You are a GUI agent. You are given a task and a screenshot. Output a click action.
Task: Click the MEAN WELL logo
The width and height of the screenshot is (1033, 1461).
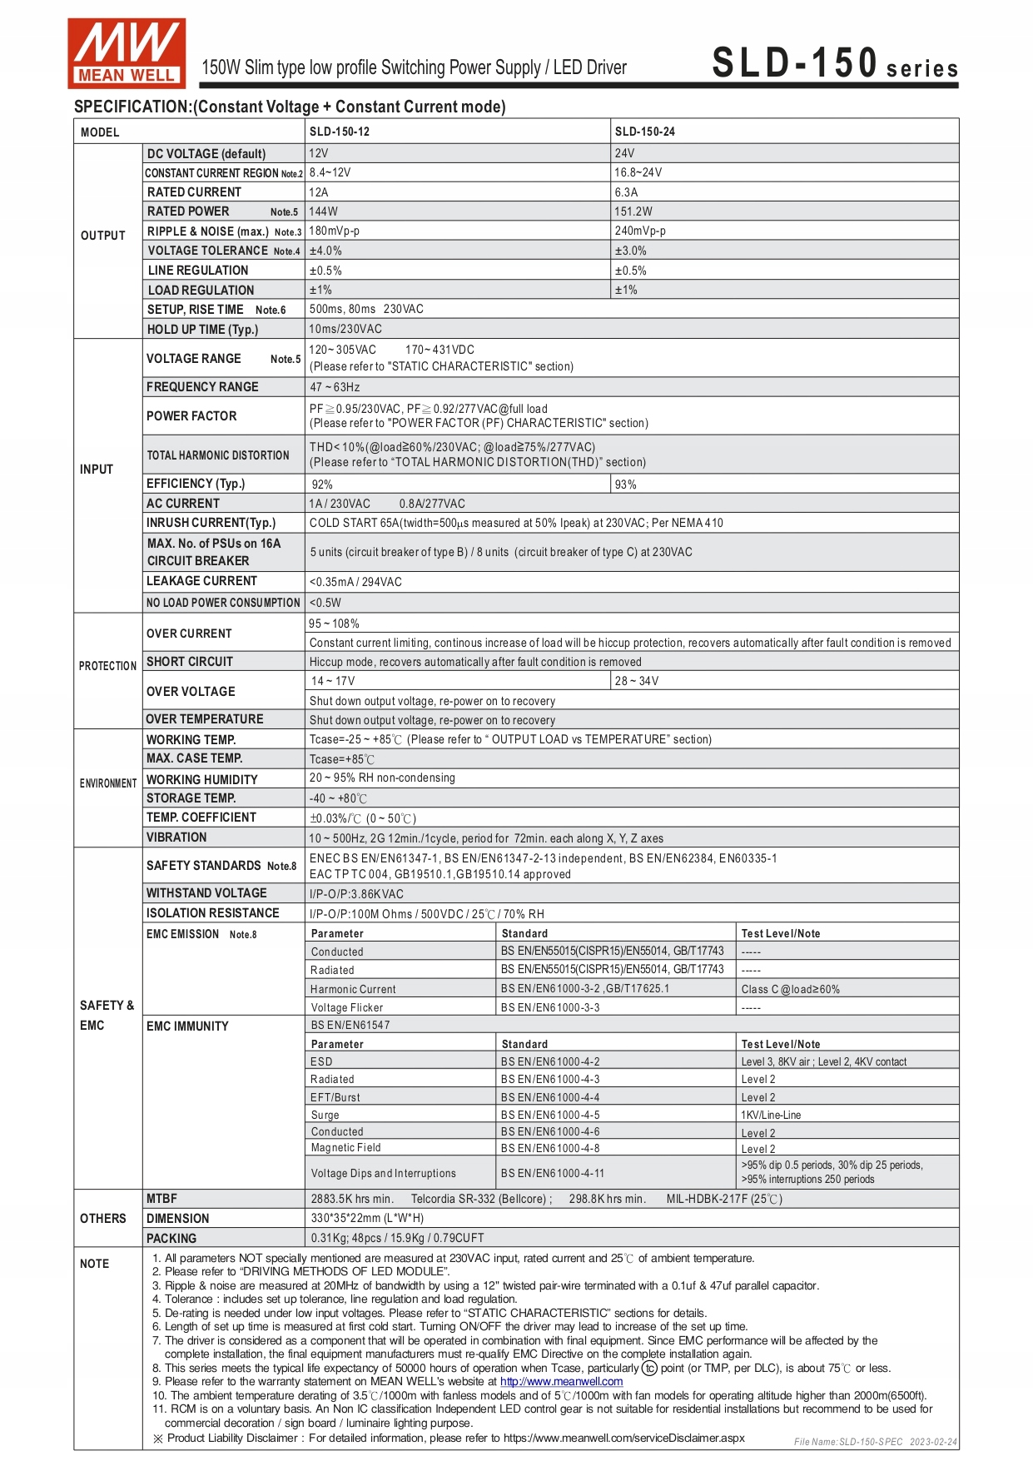[127, 53]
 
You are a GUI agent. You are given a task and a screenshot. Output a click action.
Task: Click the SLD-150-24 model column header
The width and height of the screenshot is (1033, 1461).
[645, 132]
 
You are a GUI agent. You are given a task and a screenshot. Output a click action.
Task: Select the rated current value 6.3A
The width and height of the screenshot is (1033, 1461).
[626, 192]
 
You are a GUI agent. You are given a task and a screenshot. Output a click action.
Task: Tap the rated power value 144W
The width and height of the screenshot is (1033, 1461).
[324, 211]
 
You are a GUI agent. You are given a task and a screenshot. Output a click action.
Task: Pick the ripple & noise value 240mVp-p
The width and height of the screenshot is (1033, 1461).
[640, 231]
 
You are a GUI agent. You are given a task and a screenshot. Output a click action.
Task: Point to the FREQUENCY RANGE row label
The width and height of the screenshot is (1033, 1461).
[202, 387]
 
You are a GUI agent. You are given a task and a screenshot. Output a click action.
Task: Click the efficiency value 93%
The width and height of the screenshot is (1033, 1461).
[626, 485]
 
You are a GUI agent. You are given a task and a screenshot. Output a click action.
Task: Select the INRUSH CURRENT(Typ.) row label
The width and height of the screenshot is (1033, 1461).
[211, 523]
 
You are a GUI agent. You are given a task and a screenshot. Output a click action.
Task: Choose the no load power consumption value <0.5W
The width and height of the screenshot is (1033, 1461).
[325, 603]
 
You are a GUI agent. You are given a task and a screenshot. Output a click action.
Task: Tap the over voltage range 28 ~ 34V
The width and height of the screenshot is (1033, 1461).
[637, 681]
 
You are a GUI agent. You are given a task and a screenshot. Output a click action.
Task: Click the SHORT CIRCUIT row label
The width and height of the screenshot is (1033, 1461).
[190, 662]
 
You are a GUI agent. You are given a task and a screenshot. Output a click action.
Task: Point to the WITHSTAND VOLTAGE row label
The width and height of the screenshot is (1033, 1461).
[206, 893]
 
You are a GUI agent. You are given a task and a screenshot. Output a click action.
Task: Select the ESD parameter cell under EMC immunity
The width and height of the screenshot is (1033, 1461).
[321, 1062]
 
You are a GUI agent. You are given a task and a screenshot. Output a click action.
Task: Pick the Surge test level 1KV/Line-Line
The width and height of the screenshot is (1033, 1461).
[772, 1116]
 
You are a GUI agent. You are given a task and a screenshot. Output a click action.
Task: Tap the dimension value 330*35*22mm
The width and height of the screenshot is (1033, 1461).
[367, 1219]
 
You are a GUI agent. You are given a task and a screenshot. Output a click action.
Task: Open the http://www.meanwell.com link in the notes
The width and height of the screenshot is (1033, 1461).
[561, 1382]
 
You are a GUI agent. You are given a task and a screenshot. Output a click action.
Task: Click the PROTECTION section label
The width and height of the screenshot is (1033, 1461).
[107, 666]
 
